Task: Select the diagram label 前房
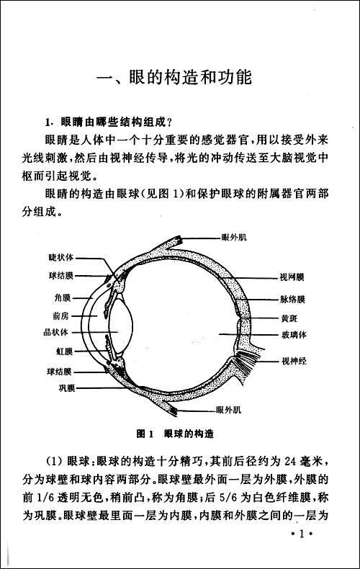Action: coord(61,315)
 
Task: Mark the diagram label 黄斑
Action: coord(289,318)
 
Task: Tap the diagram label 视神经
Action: coord(294,361)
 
